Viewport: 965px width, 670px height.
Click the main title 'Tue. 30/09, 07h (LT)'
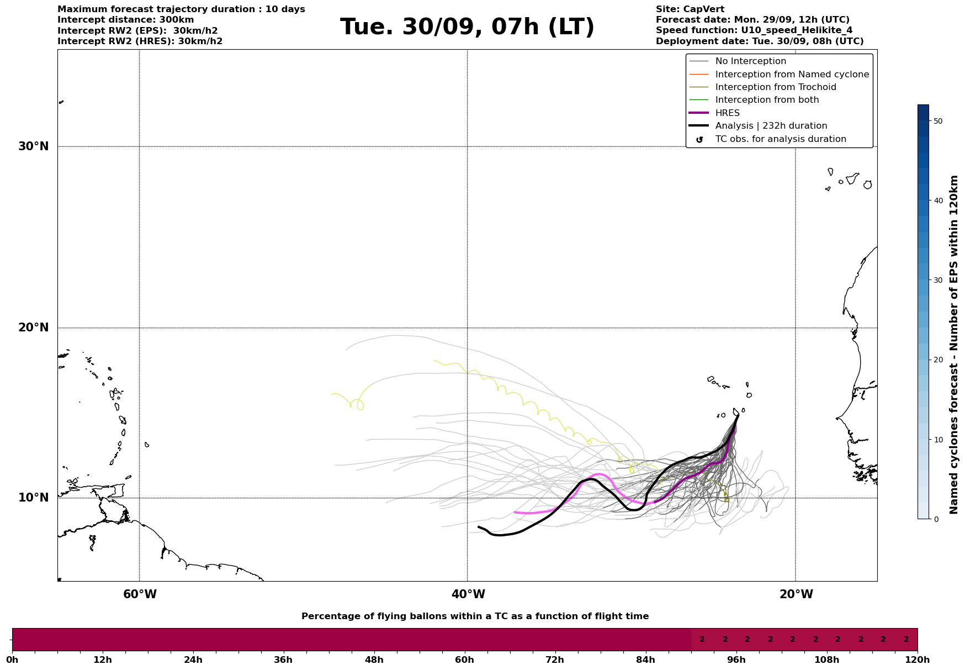pos(467,27)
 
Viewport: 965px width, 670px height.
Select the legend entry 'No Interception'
pos(750,61)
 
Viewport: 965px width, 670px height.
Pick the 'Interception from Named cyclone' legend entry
pos(792,75)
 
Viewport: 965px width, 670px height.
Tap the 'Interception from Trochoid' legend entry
pos(775,87)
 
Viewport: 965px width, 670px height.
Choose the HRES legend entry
pos(727,113)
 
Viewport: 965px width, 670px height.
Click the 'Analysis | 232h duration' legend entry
pos(771,126)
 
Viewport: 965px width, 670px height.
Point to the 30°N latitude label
pos(34,146)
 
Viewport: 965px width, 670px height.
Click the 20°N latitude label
pos(34,328)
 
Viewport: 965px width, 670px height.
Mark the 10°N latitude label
pos(34,498)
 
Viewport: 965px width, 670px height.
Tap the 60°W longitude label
pos(140,594)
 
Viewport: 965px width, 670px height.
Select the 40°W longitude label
pos(468,594)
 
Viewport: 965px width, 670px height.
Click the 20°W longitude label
pos(796,594)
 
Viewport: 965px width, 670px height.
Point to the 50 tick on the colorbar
pos(937,121)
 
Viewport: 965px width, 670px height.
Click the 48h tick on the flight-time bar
pos(374,660)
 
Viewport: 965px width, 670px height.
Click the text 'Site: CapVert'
pos(690,9)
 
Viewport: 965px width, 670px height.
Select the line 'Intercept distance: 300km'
pos(125,20)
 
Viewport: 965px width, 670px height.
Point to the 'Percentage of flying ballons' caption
pos(475,616)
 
